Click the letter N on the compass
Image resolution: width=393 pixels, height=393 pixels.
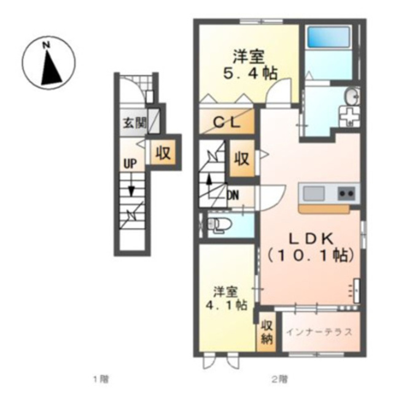46,45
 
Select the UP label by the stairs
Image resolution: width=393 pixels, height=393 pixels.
130,164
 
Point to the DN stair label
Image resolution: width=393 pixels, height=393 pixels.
233,195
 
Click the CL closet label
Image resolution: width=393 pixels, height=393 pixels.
227,123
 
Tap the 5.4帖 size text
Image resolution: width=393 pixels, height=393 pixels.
251,74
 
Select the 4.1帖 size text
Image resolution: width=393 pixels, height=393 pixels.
226,305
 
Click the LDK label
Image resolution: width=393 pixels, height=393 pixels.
311,239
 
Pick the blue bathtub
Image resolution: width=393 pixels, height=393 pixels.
329,37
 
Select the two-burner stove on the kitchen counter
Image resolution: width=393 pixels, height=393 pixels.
347,193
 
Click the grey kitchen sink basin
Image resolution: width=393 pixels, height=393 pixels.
314,193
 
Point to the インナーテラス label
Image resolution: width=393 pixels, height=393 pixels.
319,332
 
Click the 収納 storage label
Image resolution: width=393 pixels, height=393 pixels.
267,332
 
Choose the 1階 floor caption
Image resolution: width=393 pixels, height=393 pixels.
101,379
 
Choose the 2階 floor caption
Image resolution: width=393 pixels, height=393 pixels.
280,379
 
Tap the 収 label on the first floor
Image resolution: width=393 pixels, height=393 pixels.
163,152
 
